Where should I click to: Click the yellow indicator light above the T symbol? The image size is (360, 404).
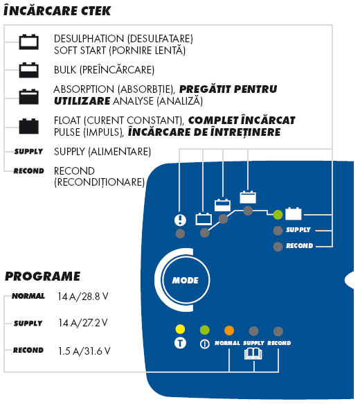(x=180, y=329)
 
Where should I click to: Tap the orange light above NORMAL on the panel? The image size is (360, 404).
(x=229, y=331)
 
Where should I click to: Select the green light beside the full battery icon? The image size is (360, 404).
(x=278, y=214)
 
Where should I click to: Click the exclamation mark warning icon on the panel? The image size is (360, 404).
(x=180, y=220)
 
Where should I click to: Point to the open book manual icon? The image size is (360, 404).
(x=253, y=353)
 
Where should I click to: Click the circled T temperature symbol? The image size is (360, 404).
(x=180, y=343)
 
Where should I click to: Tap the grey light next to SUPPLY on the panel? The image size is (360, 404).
(x=278, y=231)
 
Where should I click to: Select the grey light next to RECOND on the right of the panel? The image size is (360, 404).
(x=278, y=247)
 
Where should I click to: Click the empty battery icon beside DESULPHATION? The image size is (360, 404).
(x=29, y=42)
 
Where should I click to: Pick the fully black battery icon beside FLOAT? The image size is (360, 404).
(x=29, y=126)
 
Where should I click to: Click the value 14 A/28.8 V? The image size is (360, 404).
(x=83, y=297)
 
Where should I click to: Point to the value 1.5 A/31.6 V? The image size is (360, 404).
(x=84, y=351)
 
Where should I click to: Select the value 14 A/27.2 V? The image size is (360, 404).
(x=83, y=323)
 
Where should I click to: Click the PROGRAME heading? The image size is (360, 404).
(x=43, y=276)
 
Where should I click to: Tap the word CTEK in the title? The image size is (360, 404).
(x=96, y=11)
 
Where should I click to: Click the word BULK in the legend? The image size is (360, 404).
(x=65, y=70)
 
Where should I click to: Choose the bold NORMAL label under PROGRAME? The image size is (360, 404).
(x=28, y=296)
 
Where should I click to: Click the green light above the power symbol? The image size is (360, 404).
(x=205, y=330)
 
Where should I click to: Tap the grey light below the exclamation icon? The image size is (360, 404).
(x=180, y=234)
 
